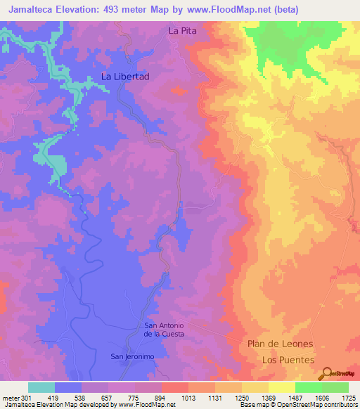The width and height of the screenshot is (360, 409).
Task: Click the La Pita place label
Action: click(182, 31)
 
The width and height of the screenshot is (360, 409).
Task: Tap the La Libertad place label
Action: click(126, 77)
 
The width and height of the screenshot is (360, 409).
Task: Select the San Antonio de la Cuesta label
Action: click(164, 330)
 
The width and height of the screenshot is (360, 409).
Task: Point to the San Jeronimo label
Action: click(132, 357)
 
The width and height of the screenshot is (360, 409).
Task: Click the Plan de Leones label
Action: click(280, 344)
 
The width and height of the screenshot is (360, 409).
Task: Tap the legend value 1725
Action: click(347, 398)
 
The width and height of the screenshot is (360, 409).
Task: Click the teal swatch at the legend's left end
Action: click(41, 387)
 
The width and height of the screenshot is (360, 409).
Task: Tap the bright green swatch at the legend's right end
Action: click(335, 387)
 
